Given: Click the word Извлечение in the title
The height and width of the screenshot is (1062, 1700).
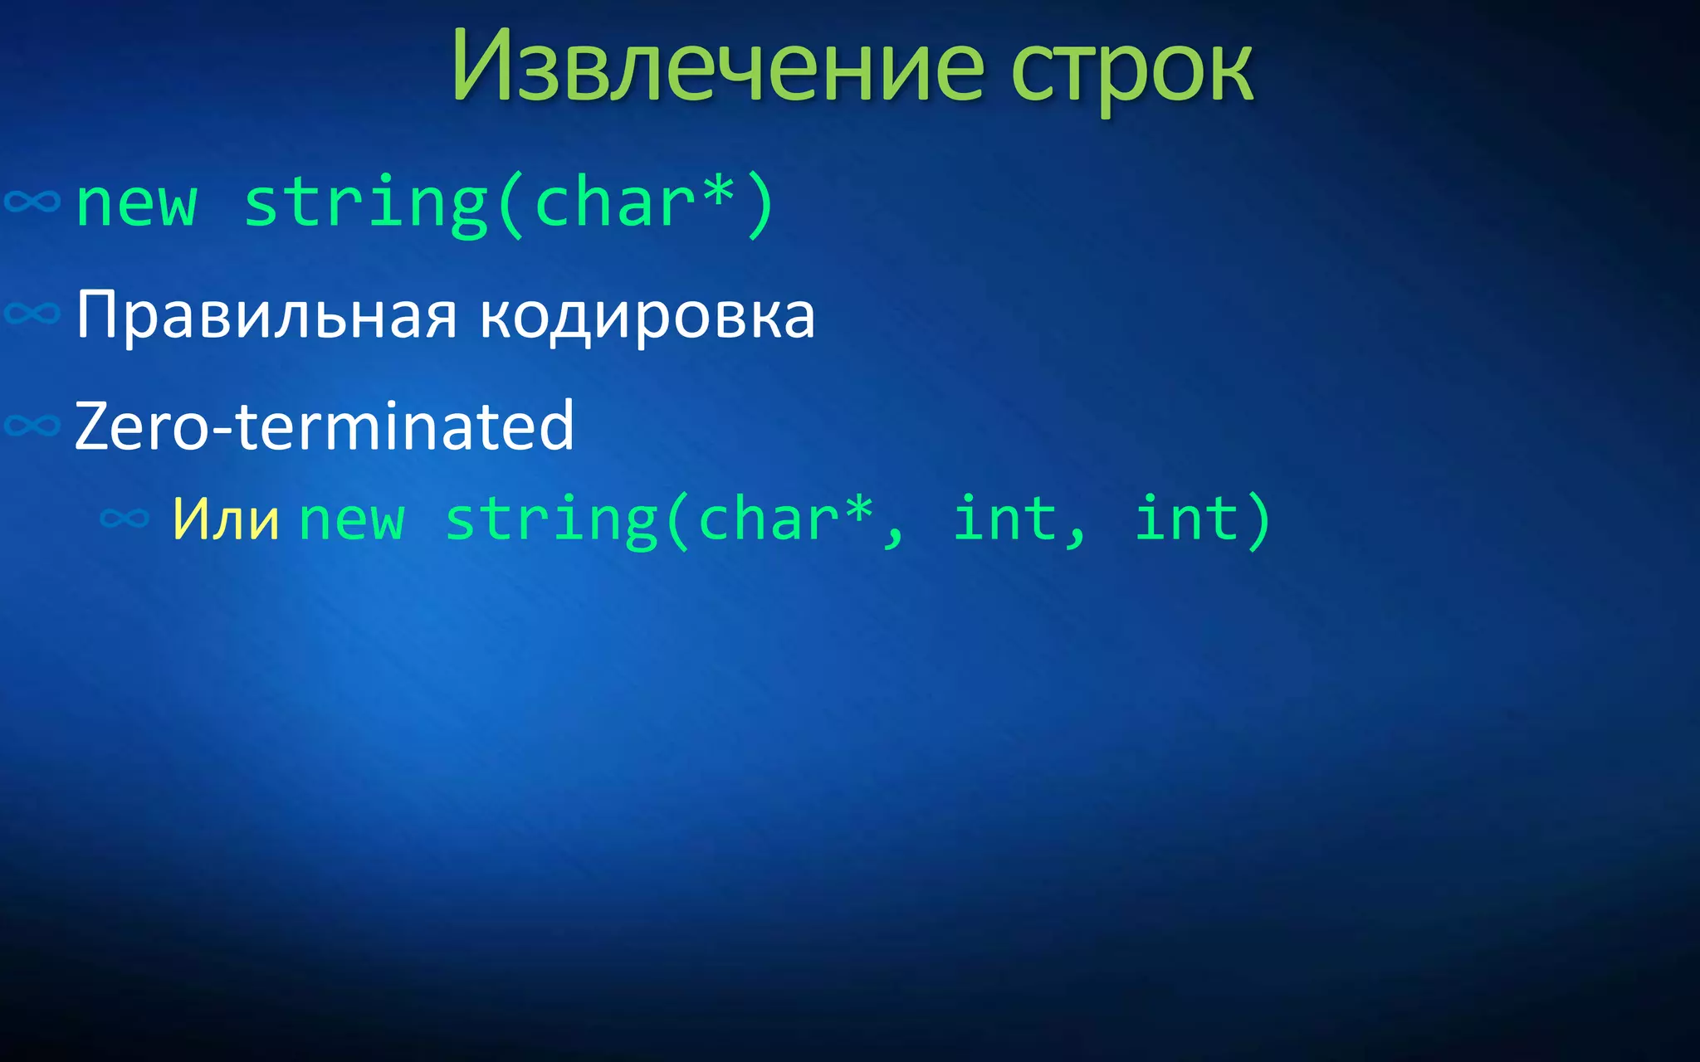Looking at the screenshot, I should pyautogui.click(x=717, y=66).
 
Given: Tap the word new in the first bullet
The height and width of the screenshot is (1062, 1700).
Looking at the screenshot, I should pyautogui.click(x=136, y=204).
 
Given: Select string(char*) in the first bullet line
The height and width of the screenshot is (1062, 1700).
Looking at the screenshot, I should pyautogui.click(x=508, y=204).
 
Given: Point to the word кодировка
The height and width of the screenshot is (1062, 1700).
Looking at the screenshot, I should pyautogui.click(x=647, y=317).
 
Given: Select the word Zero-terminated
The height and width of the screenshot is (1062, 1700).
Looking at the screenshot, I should pyautogui.click(x=324, y=426).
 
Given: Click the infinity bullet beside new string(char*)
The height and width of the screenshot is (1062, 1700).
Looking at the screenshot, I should pyautogui.click(x=32, y=202).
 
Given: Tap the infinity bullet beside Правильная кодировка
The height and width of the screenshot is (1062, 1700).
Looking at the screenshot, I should pyautogui.click(x=32, y=314).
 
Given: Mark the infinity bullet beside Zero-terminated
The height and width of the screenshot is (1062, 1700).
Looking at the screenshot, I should pyautogui.click(x=32, y=426).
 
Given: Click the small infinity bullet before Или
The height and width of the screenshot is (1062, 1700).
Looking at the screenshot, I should pyautogui.click(x=125, y=519).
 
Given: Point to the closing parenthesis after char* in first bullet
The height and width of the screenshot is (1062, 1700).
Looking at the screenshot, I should pyautogui.click(x=760, y=204).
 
